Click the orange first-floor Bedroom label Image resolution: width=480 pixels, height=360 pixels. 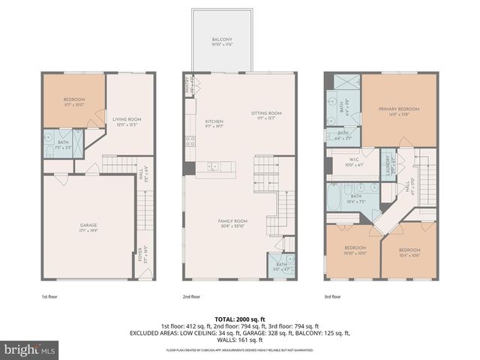73,102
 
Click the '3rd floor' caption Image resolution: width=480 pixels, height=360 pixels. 332,297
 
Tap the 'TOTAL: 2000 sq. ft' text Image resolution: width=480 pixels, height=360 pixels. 240,319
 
